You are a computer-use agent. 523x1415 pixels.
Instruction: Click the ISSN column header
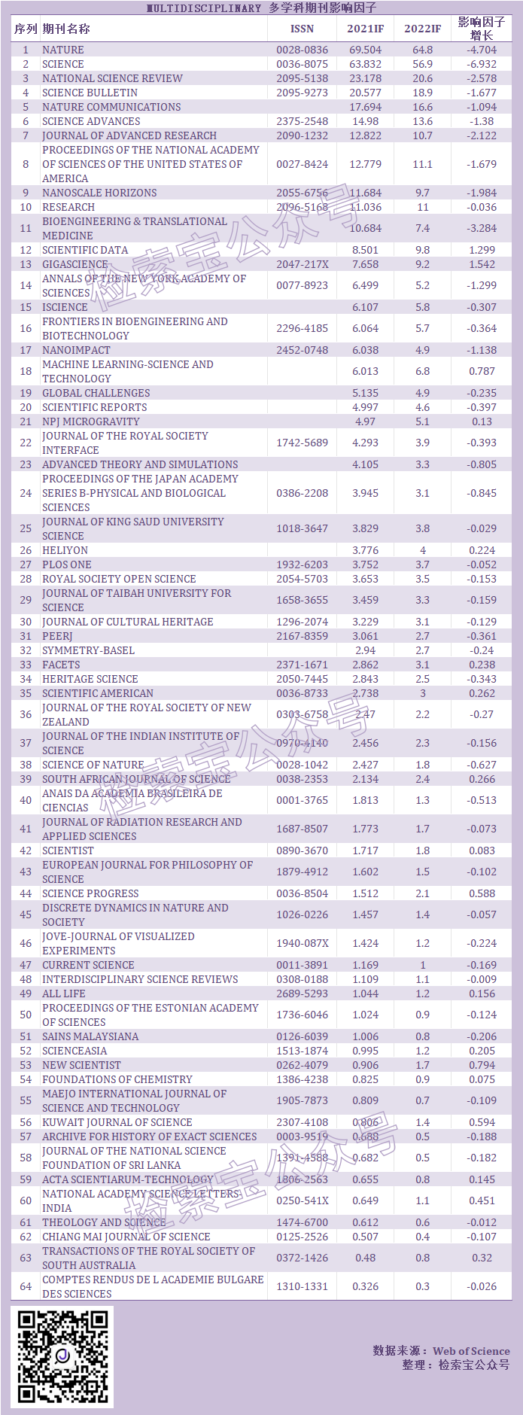point(302,29)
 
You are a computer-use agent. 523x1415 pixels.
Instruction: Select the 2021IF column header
point(365,29)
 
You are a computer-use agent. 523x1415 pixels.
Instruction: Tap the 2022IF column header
point(422,29)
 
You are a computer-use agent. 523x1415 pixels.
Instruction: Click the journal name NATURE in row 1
point(63,50)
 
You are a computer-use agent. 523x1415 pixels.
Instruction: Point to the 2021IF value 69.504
point(365,50)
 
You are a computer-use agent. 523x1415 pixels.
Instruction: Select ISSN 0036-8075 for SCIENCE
point(302,64)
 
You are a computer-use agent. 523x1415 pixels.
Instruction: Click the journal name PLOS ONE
point(67,564)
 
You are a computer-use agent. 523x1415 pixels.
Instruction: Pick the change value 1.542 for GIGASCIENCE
point(482,264)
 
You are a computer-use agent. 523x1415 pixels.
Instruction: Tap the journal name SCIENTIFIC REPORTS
point(95,407)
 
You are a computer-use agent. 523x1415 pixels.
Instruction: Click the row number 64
point(26,1286)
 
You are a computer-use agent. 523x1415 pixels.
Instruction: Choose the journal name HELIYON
point(65,550)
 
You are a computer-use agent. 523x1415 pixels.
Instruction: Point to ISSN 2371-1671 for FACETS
point(302,665)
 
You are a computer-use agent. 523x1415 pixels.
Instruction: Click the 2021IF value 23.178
point(365,78)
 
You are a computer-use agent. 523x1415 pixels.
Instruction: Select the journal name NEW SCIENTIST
point(81,1065)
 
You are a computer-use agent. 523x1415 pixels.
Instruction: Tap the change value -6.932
point(482,64)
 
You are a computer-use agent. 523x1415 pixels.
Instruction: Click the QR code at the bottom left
point(62,1356)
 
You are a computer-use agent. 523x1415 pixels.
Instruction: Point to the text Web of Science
point(471,1351)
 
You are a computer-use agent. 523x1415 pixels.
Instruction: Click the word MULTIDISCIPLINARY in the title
point(203,8)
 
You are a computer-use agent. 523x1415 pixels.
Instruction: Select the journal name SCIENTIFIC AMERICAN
point(98,693)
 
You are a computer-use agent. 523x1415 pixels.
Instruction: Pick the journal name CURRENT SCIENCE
point(88,965)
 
